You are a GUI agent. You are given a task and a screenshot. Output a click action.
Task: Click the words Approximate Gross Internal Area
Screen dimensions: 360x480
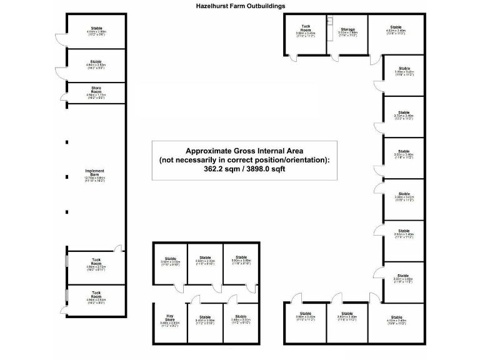pos(244,151)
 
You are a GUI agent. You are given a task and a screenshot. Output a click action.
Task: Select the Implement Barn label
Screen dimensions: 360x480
pos(95,172)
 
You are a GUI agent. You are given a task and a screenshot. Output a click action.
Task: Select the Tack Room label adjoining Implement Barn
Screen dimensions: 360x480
pos(96,261)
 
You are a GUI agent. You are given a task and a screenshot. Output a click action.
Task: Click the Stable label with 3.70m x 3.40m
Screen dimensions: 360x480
pos(404,112)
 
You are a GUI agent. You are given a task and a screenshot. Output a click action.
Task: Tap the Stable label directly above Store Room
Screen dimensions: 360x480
pos(96,62)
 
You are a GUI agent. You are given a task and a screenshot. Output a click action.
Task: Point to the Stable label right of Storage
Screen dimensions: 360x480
pos(396,27)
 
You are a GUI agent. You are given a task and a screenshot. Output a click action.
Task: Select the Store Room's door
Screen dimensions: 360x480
pos(64,95)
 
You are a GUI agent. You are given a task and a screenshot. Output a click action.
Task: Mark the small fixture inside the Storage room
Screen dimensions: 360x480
pos(329,19)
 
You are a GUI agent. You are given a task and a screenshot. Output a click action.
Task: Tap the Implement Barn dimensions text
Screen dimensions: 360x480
pos(95,179)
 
